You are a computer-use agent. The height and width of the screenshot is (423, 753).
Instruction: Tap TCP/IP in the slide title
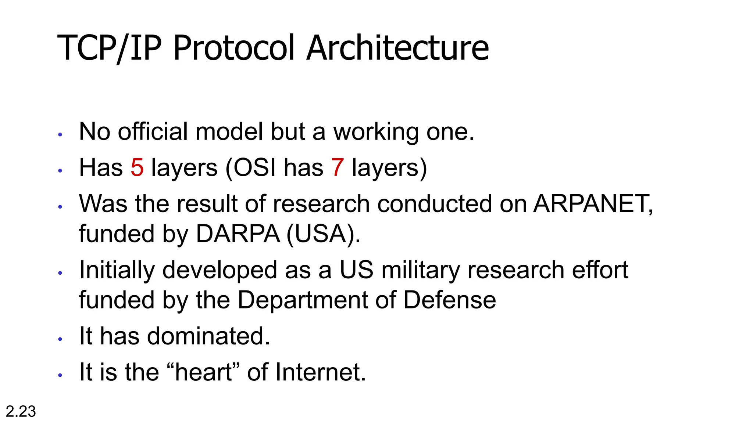[109, 48]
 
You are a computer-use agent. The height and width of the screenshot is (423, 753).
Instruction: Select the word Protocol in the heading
[234, 48]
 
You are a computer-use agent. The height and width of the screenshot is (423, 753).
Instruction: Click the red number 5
[137, 168]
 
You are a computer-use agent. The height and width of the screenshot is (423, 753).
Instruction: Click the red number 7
[337, 168]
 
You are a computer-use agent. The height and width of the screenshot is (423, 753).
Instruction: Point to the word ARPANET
[592, 204]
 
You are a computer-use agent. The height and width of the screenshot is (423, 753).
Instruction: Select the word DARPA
[238, 234]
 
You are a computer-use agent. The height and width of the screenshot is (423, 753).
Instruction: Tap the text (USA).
[322, 234]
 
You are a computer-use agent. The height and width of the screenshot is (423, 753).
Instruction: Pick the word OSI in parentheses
[254, 168]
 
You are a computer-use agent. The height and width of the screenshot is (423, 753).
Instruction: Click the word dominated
[208, 336]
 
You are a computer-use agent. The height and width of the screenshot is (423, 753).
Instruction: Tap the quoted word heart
[203, 372]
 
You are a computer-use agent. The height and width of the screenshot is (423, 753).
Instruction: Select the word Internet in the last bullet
[320, 372]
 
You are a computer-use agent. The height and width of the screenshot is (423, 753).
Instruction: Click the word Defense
[449, 300]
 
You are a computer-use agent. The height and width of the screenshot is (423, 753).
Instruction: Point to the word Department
[302, 300]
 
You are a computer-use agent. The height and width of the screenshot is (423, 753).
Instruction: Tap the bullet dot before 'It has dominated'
[60, 339]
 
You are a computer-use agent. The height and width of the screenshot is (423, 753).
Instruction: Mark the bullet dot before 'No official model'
[60, 135]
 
